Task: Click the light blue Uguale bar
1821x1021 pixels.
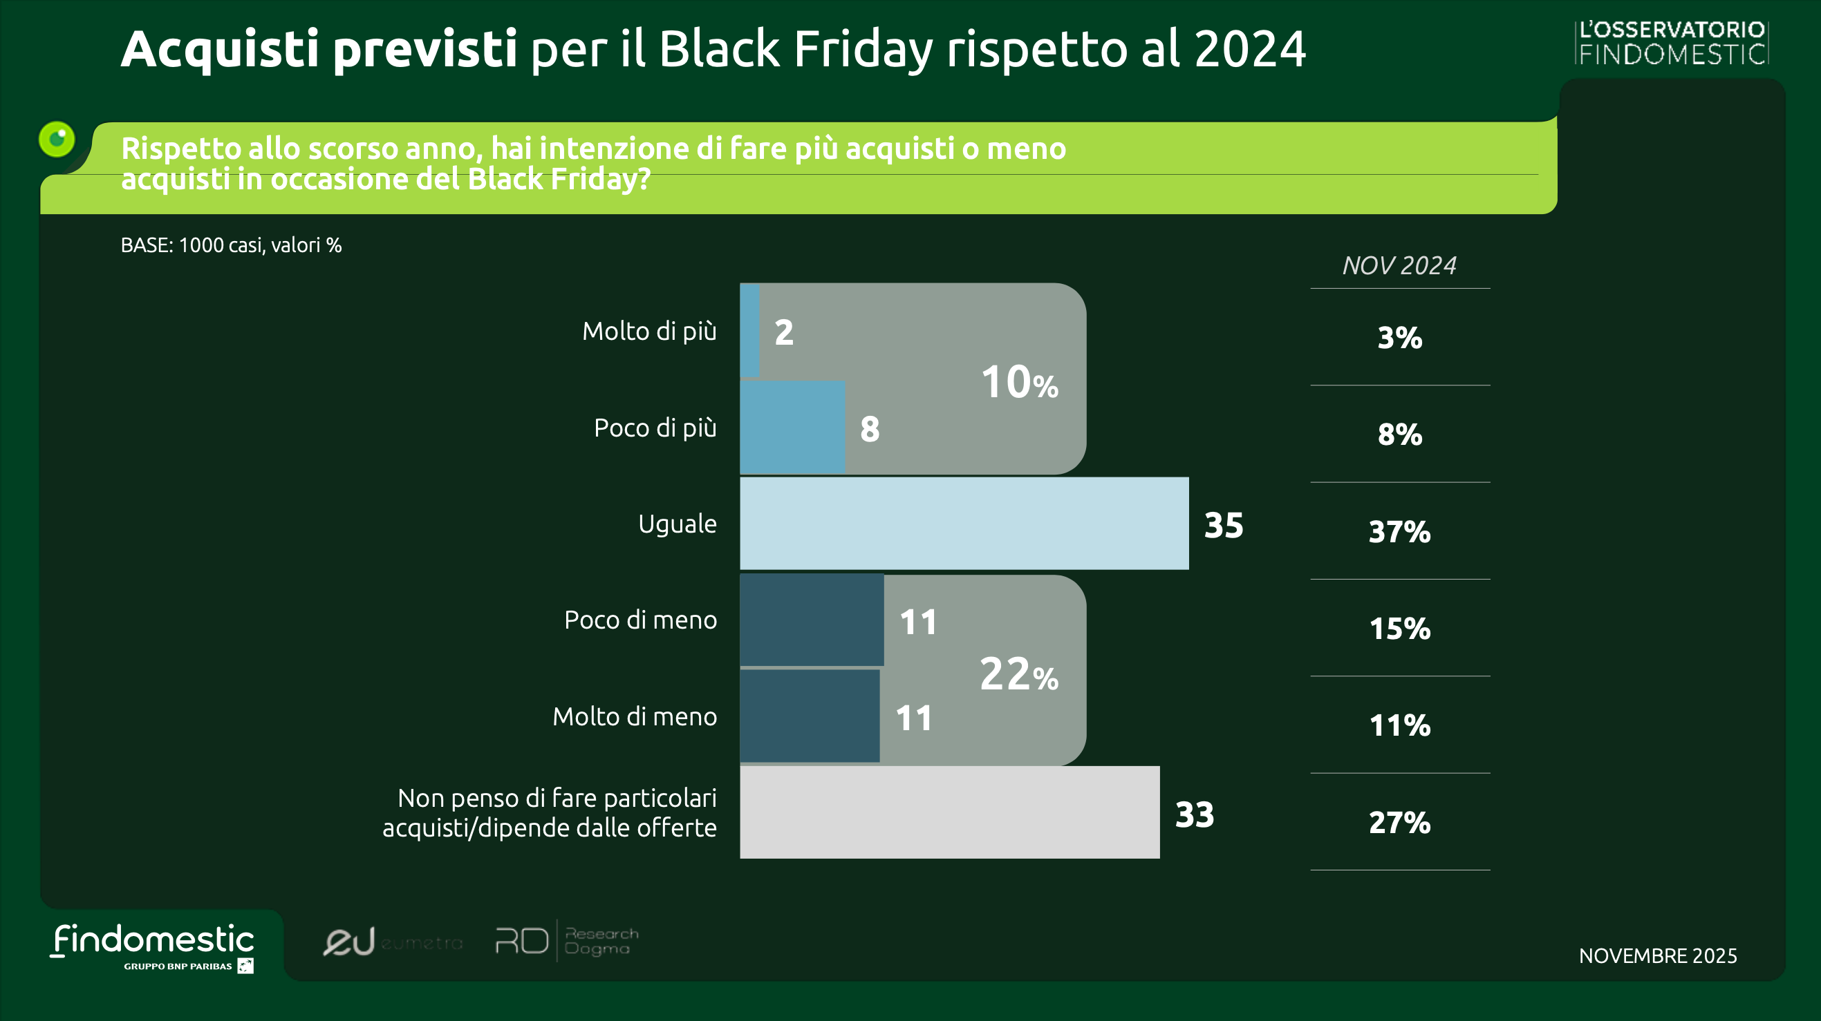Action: tap(964, 523)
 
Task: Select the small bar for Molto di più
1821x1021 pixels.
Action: tap(749, 330)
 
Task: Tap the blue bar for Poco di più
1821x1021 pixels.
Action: tap(792, 427)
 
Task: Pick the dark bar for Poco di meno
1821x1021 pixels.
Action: tap(811, 620)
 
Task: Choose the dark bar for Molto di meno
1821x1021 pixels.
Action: tap(810, 716)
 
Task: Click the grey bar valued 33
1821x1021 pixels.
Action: tap(949, 812)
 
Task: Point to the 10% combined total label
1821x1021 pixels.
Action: tap(1018, 382)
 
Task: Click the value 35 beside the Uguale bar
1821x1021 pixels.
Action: tap(1223, 525)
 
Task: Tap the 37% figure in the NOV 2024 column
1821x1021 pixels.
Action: tap(1399, 531)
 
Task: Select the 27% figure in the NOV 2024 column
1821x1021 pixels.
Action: tap(1399, 823)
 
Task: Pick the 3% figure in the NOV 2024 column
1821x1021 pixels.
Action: tap(1399, 338)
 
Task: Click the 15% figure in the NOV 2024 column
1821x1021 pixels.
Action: tap(1399, 628)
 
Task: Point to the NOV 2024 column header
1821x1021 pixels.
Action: tap(1399, 266)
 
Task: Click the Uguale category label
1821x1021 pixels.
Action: tap(677, 524)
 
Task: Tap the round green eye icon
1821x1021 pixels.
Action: tap(57, 138)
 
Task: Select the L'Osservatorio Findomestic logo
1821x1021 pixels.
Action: tap(1671, 42)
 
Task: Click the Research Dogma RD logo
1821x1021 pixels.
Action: tap(566, 940)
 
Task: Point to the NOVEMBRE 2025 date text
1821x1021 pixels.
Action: tap(1657, 955)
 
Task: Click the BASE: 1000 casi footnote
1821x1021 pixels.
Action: tap(231, 245)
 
